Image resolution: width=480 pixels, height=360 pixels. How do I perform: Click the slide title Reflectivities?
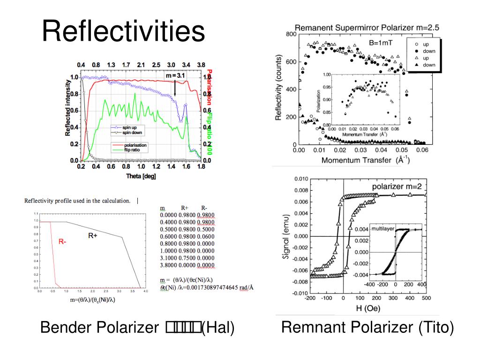[123, 32]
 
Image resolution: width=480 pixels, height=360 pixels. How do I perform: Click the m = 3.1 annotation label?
[175, 75]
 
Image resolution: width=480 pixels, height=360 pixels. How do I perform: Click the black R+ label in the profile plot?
[93, 236]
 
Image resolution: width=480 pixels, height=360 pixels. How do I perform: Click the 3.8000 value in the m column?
[168, 265]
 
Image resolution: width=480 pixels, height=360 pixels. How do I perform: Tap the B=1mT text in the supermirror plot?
[381, 43]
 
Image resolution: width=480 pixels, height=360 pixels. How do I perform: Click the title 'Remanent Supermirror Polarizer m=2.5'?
[367, 28]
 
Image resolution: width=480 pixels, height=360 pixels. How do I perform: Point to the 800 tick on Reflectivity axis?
[291, 35]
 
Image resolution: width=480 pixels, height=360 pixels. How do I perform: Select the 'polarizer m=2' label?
[397, 187]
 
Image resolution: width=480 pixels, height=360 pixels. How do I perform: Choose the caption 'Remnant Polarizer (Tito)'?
[367, 328]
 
